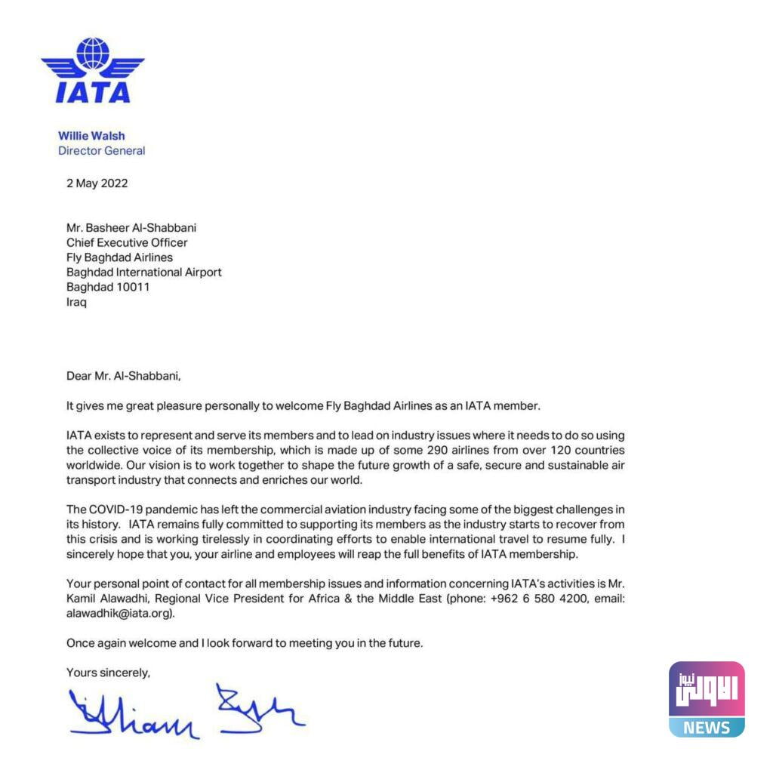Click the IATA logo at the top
(x=93, y=71)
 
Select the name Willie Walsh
(x=91, y=136)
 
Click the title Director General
(x=101, y=150)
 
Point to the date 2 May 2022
(x=97, y=183)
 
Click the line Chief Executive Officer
(x=127, y=242)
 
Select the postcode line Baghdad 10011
(x=108, y=287)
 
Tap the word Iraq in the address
(x=76, y=302)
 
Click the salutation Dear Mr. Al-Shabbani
(x=124, y=375)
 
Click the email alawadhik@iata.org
(x=120, y=613)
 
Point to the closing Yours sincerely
(x=108, y=672)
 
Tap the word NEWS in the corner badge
(x=707, y=728)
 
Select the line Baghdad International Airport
(x=144, y=272)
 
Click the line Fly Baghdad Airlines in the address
(x=119, y=257)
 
